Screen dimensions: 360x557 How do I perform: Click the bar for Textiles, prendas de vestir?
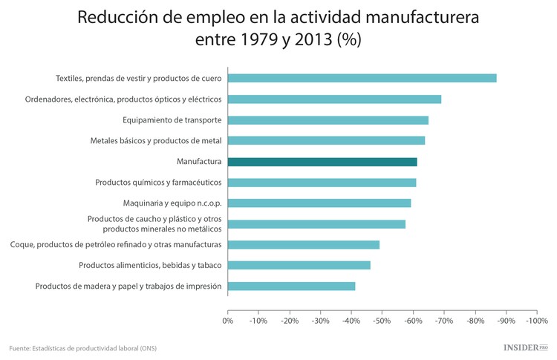point(362,78)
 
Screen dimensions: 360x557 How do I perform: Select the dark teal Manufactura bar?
point(322,161)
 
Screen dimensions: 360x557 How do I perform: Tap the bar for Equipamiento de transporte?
point(328,120)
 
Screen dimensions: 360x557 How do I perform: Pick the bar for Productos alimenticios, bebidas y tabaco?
point(299,265)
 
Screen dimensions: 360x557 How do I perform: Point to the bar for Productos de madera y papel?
point(291,286)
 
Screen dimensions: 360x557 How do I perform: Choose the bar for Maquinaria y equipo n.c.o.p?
point(319,203)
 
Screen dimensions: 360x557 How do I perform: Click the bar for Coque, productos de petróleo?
point(303,244)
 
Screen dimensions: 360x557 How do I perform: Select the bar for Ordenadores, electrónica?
point(334,99)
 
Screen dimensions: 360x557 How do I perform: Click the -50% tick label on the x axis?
point(382,321)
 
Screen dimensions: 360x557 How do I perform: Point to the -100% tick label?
point(535,321)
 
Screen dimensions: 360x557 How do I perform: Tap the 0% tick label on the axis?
point(228,321)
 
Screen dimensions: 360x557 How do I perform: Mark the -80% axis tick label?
point(475,321)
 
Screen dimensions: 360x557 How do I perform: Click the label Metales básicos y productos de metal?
point(156,140)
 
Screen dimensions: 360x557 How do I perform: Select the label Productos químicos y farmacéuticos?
point(158,182)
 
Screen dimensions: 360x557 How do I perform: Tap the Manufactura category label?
point(199,161)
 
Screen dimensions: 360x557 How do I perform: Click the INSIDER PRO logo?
point(525,347)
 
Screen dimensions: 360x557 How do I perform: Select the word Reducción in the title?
point(117,16)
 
